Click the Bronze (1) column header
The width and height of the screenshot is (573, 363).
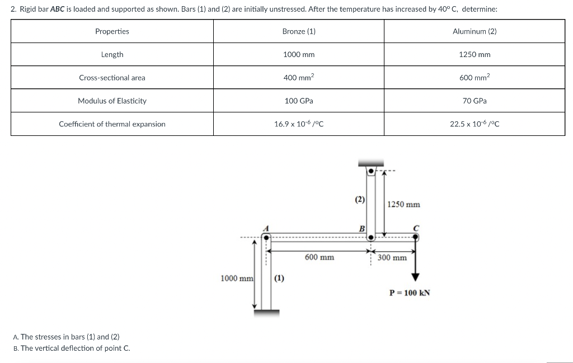pyautogui.click(x=299, y=31)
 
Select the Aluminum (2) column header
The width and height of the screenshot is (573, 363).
pyautogui.click(x=474, y=31)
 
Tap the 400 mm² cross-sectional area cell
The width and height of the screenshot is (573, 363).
pyautogui.click(x=299, y=78)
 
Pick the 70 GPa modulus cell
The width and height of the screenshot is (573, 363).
pyautogui.click(x=475, y=101)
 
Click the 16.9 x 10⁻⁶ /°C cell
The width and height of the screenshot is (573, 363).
pyautogui.click(x=299, y=124)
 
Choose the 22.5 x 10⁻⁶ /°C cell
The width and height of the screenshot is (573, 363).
pyautogui.click(x=475, y=124)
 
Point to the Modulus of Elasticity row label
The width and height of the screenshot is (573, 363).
pyautogui.click(x=112, y=101)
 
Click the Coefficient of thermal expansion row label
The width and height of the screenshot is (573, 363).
pyautogui.click(x=112, y=124)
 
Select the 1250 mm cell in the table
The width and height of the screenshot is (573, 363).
pyautogui.click(x=475, y=54)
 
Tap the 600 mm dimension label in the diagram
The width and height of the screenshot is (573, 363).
pyautogui.click(x=320, y=257)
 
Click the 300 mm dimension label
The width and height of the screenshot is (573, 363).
pyautogui.click(x=392, y=258)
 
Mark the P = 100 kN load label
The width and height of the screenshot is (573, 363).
pyautogui.click(x=410, y=293)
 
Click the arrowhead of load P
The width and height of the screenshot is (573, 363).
pyautogui.click(x=415, y=277)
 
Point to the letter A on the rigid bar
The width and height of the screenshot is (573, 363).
pyautogui.click(x=267, y=228)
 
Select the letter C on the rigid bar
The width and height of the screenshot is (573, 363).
pyautogui.click(x=415, y=227)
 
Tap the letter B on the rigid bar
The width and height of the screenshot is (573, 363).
pyautogui.click(x=361, y=228)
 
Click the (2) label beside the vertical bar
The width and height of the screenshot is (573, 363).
pyautogui.click(x=360, y=199)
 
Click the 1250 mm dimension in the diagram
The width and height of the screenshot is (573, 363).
pyautogui.click(x=403, y=205)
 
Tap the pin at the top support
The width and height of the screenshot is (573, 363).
pyautogui.click(x=370, y=171)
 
